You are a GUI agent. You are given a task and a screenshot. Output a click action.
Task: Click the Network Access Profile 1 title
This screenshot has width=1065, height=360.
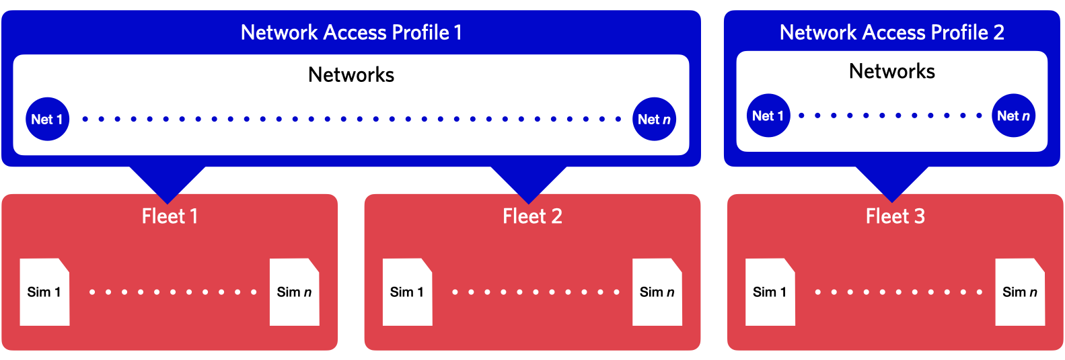click(351, 32)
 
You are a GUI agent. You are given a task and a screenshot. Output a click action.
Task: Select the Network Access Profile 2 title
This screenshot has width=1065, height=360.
click(891, 32)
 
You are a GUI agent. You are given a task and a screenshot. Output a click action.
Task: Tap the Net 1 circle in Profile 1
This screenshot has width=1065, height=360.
click(47, 120)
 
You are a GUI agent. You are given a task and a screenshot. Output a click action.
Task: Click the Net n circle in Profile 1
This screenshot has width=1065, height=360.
click(654, 120)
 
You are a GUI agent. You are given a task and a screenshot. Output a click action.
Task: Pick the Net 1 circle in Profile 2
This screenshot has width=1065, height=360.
click(768, 116)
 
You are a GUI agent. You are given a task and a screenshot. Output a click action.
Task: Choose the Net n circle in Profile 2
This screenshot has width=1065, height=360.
click(1013, 116)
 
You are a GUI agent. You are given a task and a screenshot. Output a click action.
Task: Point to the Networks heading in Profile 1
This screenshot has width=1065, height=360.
click(351, 75)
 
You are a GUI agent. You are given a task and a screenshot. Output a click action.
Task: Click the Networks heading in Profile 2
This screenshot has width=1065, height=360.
click(891, 71)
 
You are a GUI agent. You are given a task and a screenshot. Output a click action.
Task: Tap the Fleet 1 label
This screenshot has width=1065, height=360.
click(170, 216)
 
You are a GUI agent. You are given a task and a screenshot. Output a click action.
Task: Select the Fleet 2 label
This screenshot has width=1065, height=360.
click(532, 216)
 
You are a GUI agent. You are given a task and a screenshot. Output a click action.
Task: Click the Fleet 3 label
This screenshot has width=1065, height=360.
click(895, 216)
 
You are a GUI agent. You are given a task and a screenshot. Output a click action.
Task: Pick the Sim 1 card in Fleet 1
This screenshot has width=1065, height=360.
click(44, 292)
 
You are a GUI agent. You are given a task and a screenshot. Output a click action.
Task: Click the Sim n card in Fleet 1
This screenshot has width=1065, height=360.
click(294, 292)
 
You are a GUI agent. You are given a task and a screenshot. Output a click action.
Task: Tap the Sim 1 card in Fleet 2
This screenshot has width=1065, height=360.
click(407, 292)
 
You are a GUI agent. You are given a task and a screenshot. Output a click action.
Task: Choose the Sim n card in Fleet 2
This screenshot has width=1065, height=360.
click(657, 292)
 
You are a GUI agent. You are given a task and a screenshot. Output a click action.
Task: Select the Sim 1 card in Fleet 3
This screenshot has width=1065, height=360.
click(770, 292)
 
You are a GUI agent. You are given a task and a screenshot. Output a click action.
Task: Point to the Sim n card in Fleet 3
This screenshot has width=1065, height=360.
click(1019, 292)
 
